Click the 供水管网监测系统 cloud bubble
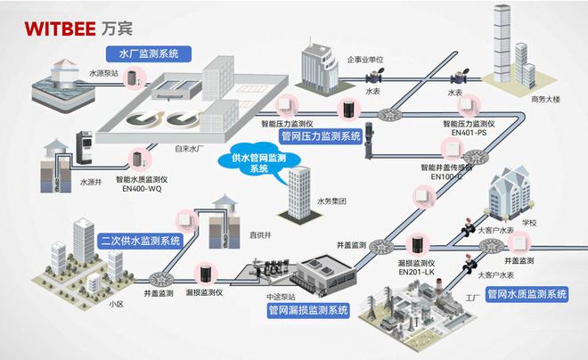point(262,162)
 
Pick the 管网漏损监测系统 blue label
point(306,310)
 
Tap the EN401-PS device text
point(469,134)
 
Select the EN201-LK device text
point(415,274)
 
